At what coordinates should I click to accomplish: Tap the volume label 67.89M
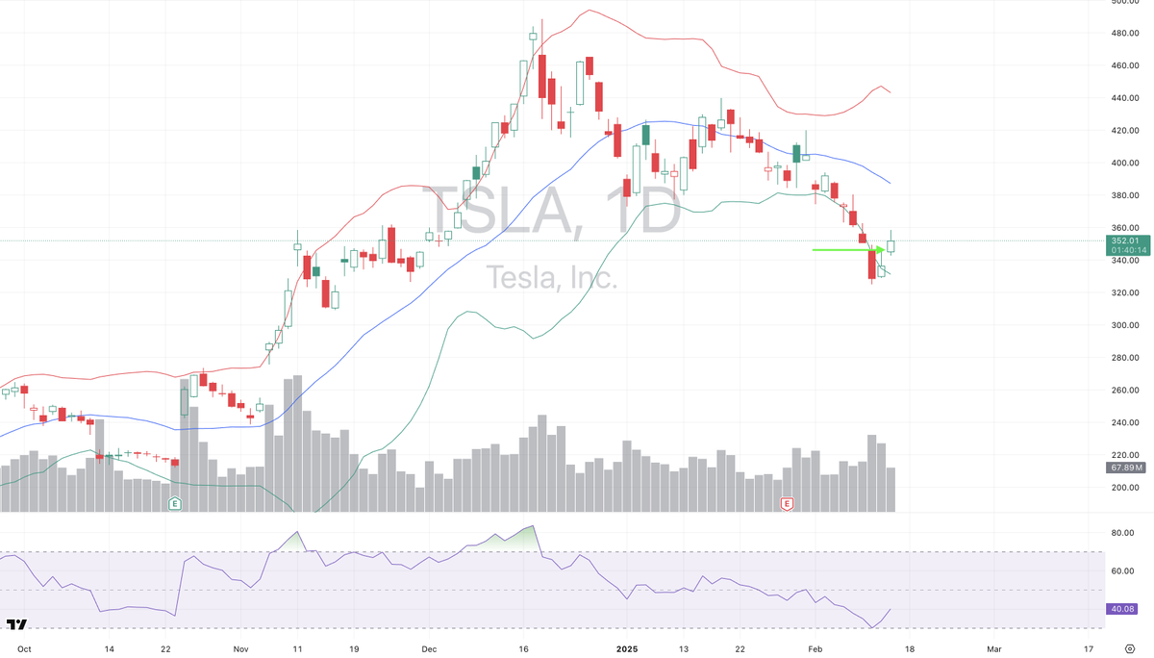tap(1125, 468)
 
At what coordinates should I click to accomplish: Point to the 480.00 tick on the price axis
tap(1125, 34)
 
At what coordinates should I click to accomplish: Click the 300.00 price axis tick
tap(1125, 325)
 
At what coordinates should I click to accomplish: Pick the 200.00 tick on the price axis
tap(1125, 488)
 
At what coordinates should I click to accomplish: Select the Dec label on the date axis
tap(429, 649)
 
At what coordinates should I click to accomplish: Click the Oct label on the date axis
tap(24, 649)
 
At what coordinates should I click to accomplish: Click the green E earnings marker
tap(175, 503)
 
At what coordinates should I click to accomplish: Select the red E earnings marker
tap(787, 503)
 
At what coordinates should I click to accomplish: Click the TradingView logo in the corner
tap(16, 625)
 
